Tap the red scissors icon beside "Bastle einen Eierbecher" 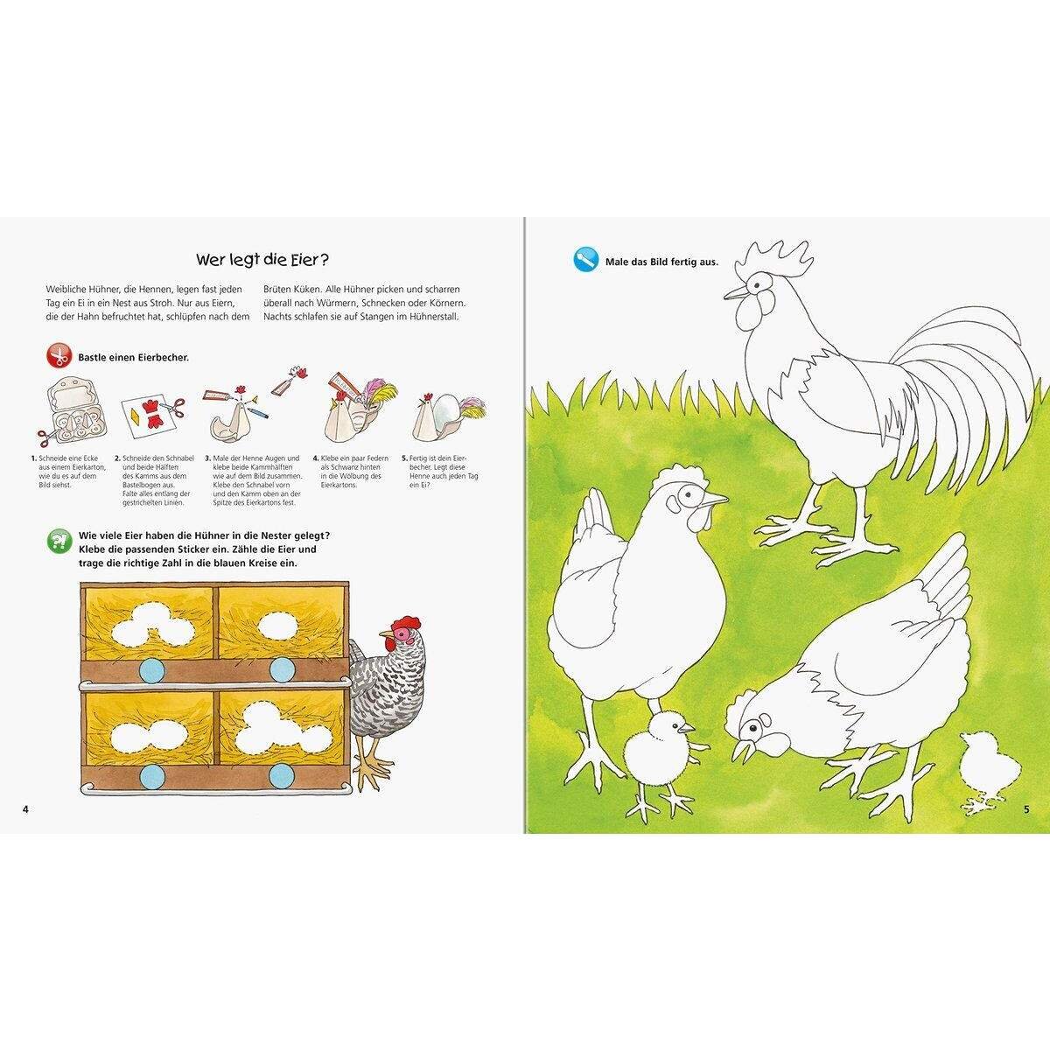[x=59, y=357]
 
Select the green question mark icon [x=59, y=542]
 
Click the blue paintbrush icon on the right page [x=584, y=260]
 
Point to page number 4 [x=25, y=808]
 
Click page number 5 [x=1025, y=808]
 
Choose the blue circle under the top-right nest [x=281, y=670]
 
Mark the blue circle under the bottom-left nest [x=153, y=773]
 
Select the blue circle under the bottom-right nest [x=281, y=773]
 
